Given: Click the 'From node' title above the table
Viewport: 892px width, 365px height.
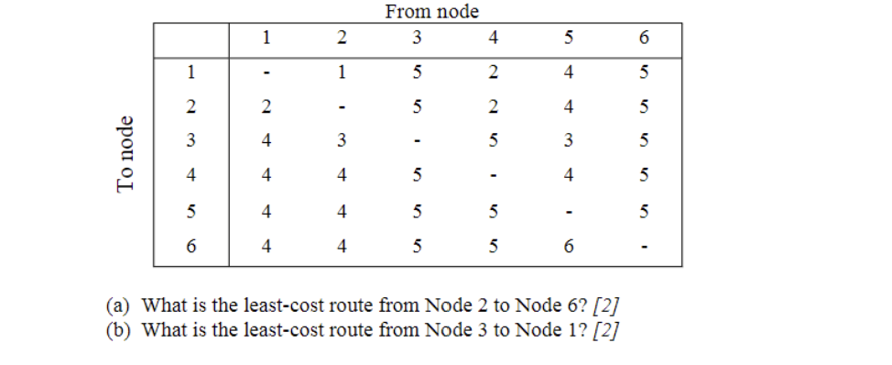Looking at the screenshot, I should [431, 11].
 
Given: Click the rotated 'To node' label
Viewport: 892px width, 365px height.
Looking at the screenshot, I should [126, 154].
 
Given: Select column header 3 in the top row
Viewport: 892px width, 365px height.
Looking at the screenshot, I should [417, 39].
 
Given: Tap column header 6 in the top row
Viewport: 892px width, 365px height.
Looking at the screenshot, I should [644, 39].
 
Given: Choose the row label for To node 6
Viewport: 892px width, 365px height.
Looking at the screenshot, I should [190, 246].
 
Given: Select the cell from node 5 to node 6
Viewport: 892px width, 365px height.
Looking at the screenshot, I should [568, 246].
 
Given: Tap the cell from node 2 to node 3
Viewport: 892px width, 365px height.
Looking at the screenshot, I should [341, 141].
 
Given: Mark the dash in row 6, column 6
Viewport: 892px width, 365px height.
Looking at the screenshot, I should [644, 246].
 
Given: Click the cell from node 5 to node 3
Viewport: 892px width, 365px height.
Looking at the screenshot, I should [568, 141].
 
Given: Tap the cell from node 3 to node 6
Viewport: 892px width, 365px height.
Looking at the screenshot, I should [417, 246].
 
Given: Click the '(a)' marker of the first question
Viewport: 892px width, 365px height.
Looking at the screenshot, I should [118, 305].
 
